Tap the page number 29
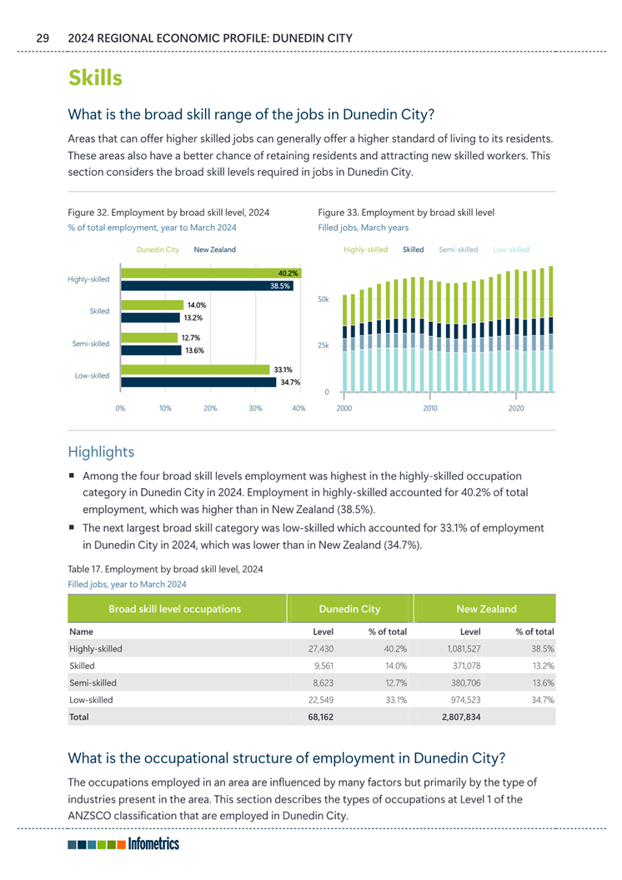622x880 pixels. [43, 38]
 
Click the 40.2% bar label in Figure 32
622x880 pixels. [289, 273]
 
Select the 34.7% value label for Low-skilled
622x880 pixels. [290, 382]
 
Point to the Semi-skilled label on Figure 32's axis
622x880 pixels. [91, 344]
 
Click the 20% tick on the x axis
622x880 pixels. [210, 409]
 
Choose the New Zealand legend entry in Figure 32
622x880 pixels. [214, 249]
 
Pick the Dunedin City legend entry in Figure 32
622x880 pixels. [158, 249]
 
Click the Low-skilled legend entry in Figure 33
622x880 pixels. [511, 249]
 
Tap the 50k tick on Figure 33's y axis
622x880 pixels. [325, 299]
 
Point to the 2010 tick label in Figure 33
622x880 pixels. [429, 409]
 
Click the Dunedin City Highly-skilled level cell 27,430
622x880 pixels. [320, 647]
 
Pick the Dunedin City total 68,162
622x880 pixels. [320, 717]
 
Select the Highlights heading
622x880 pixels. [101, 451]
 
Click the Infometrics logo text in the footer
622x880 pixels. [154, 844]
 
